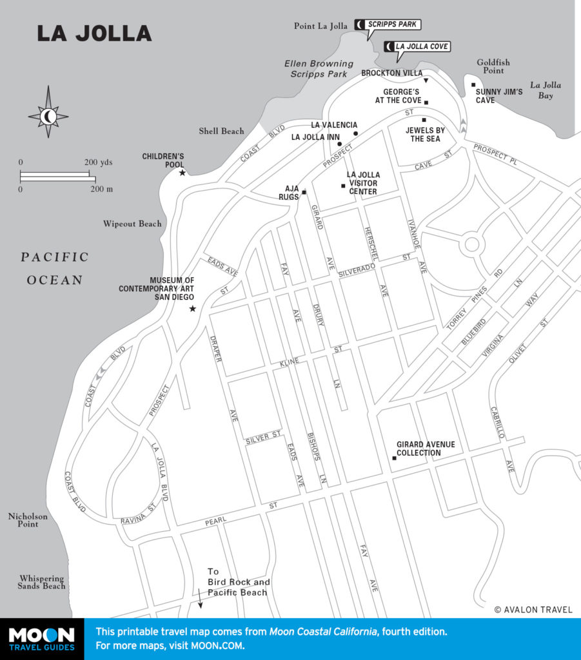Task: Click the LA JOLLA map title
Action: pos(94,33)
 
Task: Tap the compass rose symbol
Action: pos(48,116)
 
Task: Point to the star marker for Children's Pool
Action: pos(182,173)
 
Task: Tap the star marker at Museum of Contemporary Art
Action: pos(192,309)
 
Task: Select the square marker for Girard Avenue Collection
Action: pos(394,458)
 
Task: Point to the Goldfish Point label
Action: pos(493,66)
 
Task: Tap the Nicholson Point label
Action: pos(23,520)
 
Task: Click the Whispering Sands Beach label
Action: pos(42,583)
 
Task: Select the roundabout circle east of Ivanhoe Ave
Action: pos(472,244)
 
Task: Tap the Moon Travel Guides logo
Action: pos(42,639)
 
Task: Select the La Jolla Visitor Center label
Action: pos(363,183)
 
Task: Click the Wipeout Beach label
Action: pos(132,224)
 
